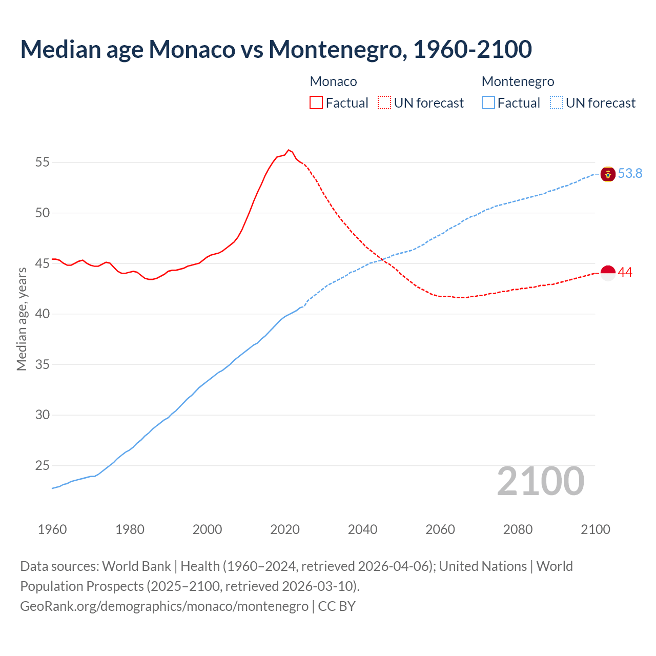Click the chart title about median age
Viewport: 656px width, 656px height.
(276, 49)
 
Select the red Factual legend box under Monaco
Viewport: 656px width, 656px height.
(316, 102)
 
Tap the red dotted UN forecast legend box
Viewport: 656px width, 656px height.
(384, 102)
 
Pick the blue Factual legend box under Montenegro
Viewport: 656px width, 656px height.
(488, 102)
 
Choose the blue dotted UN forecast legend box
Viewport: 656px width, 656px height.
(556, 102)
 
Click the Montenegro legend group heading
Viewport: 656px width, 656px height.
(518, 81)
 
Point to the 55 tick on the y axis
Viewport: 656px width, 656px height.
(43, 162)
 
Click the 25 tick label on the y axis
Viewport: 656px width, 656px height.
(43, 465)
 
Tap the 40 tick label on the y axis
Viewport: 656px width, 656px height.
(43, 314)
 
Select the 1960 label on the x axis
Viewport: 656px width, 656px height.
(52, 529)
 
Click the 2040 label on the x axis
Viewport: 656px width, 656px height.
(362, 529)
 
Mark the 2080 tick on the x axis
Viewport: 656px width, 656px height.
(518, 529)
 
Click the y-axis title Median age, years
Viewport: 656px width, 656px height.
(22, 319)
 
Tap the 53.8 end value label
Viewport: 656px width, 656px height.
(630, 174)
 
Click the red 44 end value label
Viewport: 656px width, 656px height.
(625, 273)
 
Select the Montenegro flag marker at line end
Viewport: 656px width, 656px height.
(608, 174)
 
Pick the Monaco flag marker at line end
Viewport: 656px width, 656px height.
(608, 273)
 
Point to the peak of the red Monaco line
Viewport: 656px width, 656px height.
(289, 150)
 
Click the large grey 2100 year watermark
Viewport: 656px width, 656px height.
(540, 481)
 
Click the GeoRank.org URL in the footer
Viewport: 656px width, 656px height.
(164, 606)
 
